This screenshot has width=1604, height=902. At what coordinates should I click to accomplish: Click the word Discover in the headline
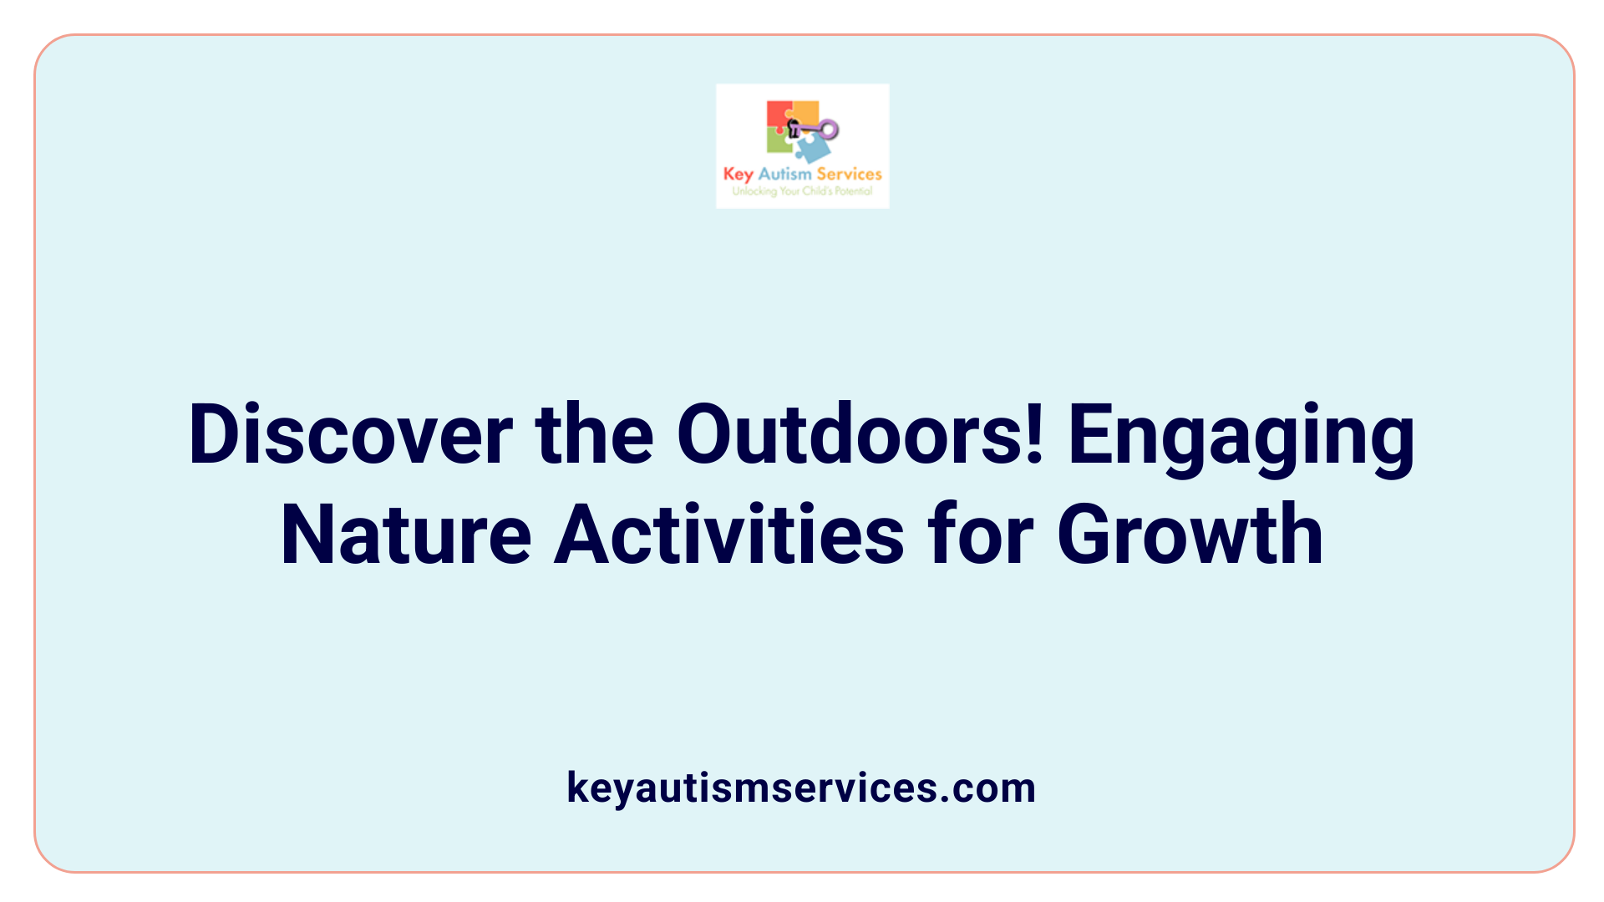(350, 435)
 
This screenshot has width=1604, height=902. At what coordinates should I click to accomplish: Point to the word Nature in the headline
(406, 535)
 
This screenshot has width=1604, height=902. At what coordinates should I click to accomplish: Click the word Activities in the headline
(729, 535)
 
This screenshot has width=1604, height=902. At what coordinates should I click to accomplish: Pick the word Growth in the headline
(1190, 535)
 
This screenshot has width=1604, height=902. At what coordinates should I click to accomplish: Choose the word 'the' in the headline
(594, 435)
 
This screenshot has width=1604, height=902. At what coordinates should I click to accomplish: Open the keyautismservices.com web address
(801, 788)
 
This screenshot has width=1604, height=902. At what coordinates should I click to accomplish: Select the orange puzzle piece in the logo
(806, 112)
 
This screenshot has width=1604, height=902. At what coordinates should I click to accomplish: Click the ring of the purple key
(829, 129)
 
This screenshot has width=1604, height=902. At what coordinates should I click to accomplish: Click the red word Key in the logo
(739, 175)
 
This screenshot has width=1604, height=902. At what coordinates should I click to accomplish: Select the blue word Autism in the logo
(784, 174)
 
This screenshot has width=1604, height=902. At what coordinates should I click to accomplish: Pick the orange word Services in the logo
(849, 174)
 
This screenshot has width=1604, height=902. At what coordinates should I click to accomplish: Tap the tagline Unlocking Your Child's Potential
(802, 191)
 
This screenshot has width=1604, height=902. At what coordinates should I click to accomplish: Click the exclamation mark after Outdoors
(1036, 435)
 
